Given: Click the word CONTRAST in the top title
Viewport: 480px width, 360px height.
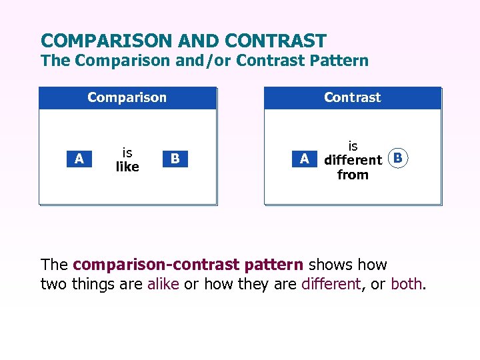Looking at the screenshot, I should (x=275, y=41).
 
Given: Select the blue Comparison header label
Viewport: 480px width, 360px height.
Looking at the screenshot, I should (x=127, y=97).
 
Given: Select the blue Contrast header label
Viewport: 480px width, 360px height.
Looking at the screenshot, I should (x=352, y=97).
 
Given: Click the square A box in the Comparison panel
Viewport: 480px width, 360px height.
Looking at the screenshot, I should (x=79, y=159).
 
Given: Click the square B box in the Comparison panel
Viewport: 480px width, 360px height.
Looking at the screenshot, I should (x=175, y=159).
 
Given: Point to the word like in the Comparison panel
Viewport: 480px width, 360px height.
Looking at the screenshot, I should (x=127, y=167).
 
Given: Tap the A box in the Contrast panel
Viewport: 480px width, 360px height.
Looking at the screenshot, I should (x=305, y=159).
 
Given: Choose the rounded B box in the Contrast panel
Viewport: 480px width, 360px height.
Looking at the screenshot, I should (x=398, y=159).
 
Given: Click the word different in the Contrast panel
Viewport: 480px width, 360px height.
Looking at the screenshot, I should (x=353, y=160).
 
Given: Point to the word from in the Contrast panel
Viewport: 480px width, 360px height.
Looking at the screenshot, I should (x=353, y=175).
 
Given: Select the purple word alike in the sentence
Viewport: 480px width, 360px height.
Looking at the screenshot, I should (x=163, y=284).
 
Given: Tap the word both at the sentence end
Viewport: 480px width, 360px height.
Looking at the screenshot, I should (x=406, y=284).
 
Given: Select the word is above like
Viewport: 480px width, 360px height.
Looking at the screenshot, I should (x=127, y=153).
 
